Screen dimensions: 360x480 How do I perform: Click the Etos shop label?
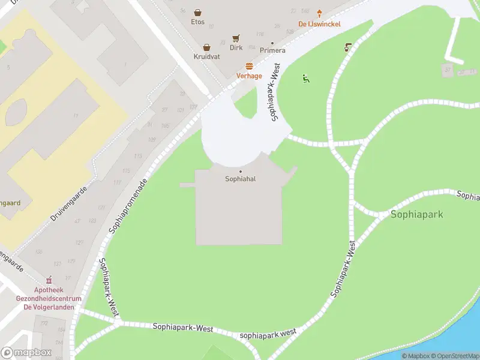pyautogui.click(x=197, y=22)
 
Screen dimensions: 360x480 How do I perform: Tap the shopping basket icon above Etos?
pyautogui.click(x=197, y=12)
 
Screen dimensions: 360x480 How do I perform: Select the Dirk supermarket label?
pyautogui.click(x=236, y=47)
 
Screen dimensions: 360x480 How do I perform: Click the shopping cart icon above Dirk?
pyautogui.click(x=236, y=37)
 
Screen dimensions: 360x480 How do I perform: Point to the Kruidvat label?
pyautogui.click(x=206, y=56)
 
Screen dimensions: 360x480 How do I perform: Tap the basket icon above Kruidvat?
pyautogui.click(x=206, y=47)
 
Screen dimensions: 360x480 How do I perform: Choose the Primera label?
pyautogui.click(x=272, y=50)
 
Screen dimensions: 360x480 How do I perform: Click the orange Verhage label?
pyautogui.click(x=249, y=76)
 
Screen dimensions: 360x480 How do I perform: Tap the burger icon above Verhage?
pyautogui.click(x=249, y=66)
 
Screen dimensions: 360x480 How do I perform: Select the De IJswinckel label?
pyautogui.click(x=319, y=25)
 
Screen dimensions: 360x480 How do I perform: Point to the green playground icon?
pyautogui.click(x=306, y=78)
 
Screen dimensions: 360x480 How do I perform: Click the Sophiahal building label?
pyautogui.click(x=241, y=179)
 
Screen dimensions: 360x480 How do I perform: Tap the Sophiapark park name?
pyautogui.click(x=417, y=214)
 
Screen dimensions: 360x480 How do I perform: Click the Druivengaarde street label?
pyautogui.click(x=69, y=203)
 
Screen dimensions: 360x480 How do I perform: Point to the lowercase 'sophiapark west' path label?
pyautogui.click(x=268, y=334)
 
